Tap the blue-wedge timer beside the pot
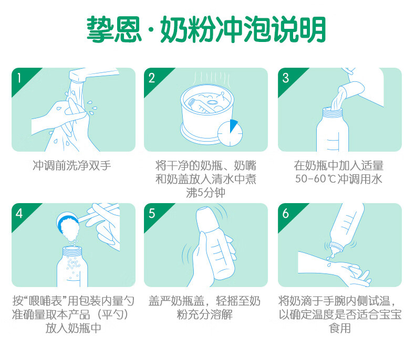click(x=230, y=133)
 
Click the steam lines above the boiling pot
click(x=211, y=78)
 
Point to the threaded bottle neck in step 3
click(x=332, y=112)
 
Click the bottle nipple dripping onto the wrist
click(x=336, y=249)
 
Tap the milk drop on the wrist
click(x=329, y=264)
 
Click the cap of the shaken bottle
click(x=206, y=219)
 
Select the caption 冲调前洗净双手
click(x=72, y=166)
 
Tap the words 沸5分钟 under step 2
click(x=205, y=193)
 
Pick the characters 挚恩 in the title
click(x=113, y=29)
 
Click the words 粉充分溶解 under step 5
click(x=204, y=314)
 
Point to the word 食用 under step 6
click(x=339, y=329)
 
